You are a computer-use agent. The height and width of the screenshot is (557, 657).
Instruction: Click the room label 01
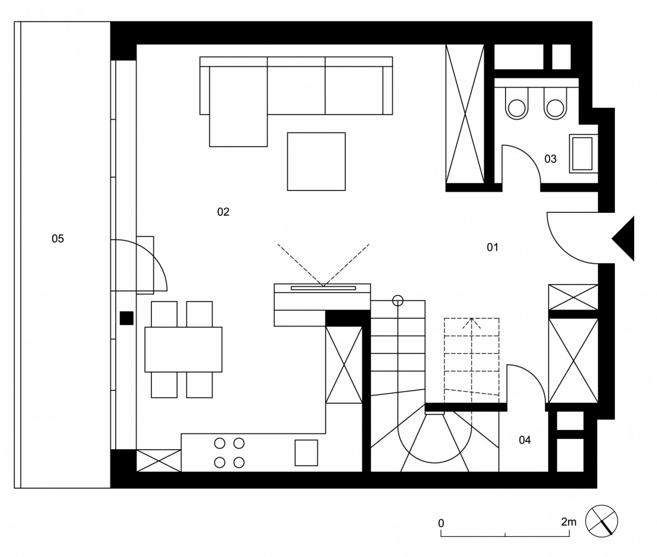(x=492, y=247)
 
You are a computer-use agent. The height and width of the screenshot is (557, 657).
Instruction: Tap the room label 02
(x=223, y=212)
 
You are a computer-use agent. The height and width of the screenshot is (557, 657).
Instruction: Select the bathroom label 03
(x=550, y=159)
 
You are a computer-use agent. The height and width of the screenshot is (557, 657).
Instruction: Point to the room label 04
(x=524, y=440)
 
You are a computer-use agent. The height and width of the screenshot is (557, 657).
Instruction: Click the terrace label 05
(x=57, y=239)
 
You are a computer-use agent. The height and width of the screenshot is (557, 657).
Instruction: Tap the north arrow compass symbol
(x=602, y=521)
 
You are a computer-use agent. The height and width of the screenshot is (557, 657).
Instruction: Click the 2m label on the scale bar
(x=569, y=522)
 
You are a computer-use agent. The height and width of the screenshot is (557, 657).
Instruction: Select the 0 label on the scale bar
(x=441, y=523)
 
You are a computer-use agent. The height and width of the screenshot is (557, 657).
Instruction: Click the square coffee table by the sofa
(x=316, y=162)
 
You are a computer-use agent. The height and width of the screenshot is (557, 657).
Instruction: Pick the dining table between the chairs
(x=184, y=349)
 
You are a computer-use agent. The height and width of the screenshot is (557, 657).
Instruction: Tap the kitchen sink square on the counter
(x=306, y=453)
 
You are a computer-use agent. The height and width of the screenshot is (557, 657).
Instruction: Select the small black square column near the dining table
(x=127, y=318)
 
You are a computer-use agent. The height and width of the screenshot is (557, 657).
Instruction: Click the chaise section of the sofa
(x=238, y=106)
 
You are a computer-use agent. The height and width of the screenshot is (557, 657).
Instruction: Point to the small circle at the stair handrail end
(x=398, y=300)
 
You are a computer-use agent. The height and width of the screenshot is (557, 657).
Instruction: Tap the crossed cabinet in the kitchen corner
(x=159, y=461)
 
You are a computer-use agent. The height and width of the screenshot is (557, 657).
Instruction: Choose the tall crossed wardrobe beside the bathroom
(x=465, y=114)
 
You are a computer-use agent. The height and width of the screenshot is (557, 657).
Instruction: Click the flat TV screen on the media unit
(x=323, y=288)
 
